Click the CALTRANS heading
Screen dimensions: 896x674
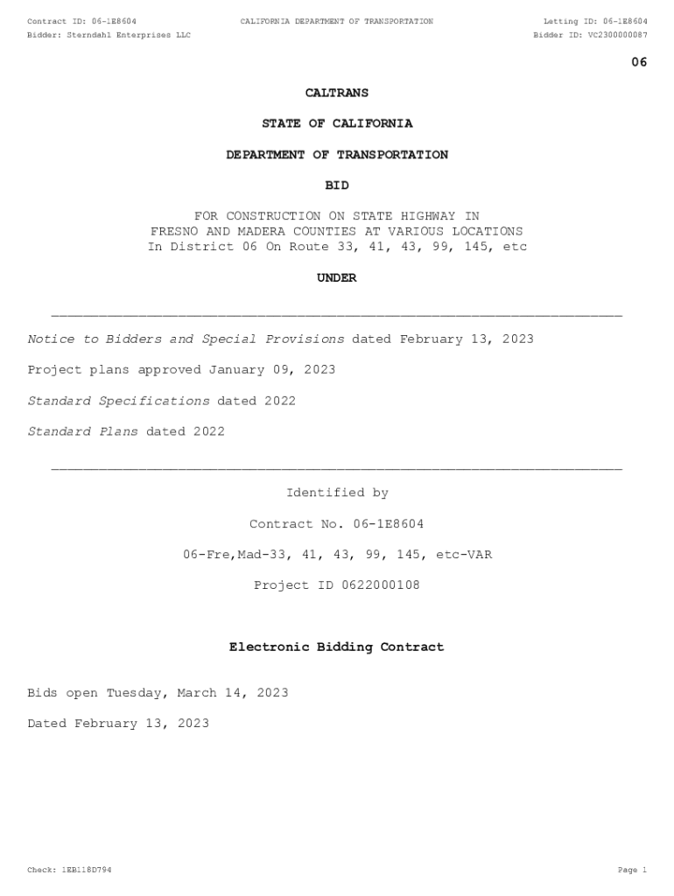337,93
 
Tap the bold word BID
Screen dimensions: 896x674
337,185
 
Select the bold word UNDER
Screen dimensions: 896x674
337,278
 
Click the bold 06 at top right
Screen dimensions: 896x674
639,62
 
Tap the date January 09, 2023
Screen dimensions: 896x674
271,370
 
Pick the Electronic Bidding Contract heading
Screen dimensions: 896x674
337,647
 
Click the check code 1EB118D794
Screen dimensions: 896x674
86,871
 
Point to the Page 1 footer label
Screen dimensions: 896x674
632,871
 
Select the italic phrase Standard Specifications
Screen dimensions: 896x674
118,401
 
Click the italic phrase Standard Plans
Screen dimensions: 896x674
82,431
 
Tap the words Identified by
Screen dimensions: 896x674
337,493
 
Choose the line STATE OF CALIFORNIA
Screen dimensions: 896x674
337,123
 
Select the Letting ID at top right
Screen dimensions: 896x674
595,21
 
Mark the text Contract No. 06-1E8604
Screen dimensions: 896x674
337,524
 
